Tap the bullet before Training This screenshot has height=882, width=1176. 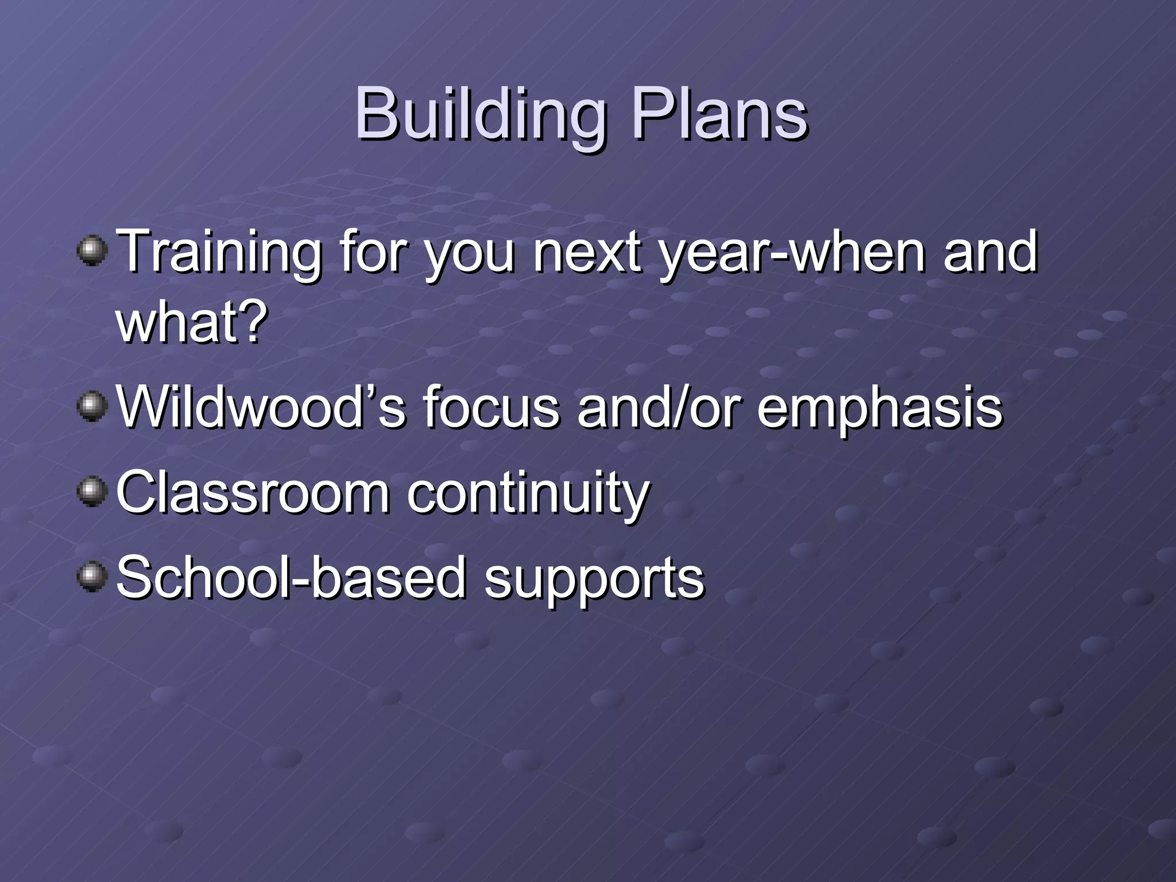[92, 251]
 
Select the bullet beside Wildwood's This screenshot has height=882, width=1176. [92, 407]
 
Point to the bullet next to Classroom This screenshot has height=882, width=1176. [92, 492]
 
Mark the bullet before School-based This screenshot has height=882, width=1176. [92, 577]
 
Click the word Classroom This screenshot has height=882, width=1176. [253, 493]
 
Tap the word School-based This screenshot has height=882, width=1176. [291, 578]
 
